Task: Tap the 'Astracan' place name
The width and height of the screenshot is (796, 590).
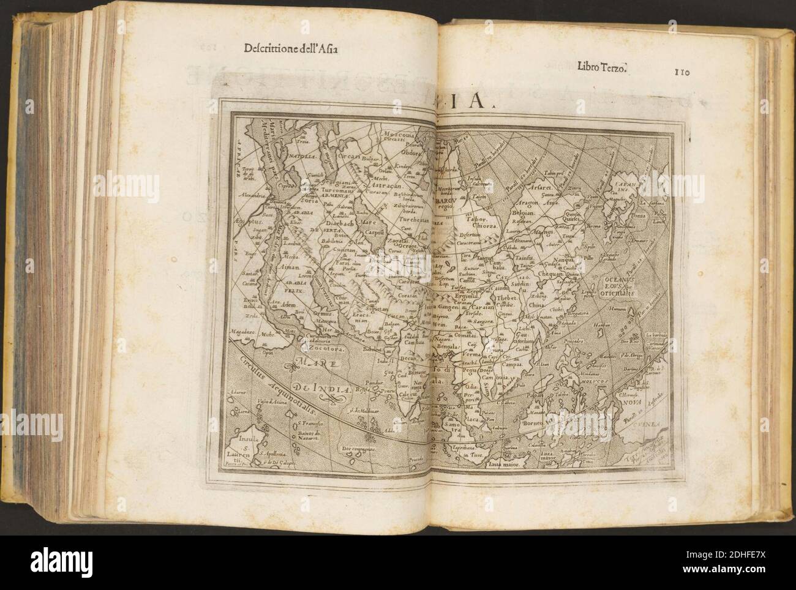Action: click(390, 183)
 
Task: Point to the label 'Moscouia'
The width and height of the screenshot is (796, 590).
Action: click(397, 133)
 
